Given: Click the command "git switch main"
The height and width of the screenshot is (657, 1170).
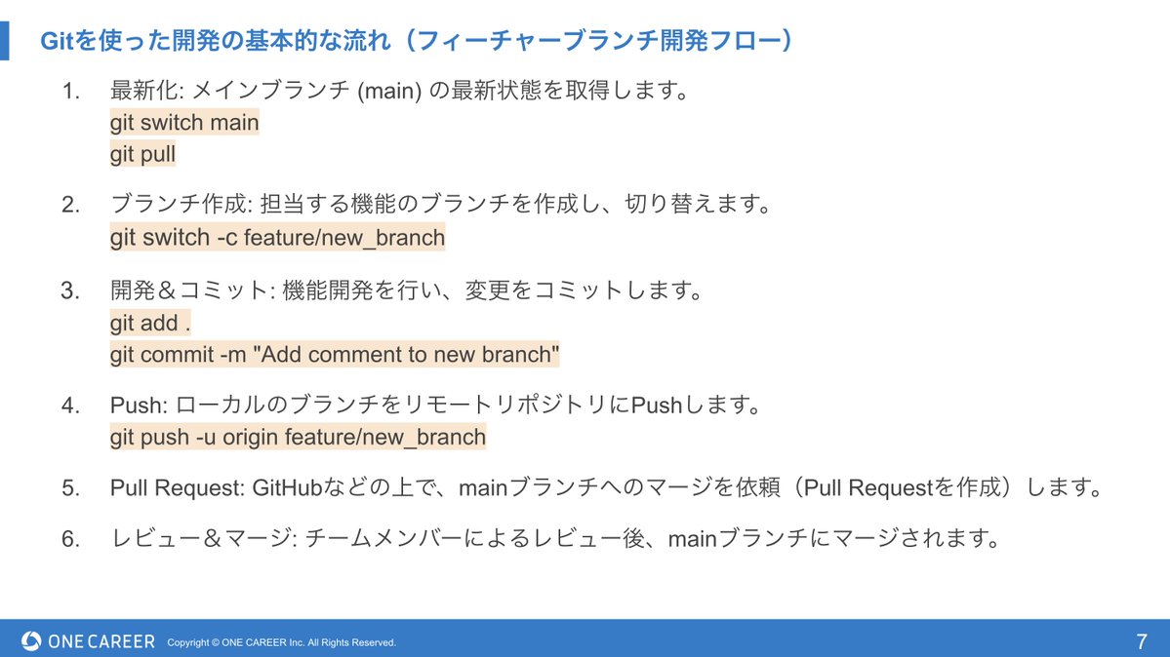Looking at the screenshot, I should pyautogui.click(x=184, y=123).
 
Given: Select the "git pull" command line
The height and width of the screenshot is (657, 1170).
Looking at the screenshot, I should pyautogui.click(x=142, y=154).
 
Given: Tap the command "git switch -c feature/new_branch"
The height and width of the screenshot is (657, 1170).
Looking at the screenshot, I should pyautogui.click(x=277, y=237).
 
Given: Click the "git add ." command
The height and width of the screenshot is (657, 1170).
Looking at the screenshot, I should pyautogui.click(x=150, y=323).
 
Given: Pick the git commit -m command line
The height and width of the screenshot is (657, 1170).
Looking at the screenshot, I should pyautogui.click(x=335, y=355).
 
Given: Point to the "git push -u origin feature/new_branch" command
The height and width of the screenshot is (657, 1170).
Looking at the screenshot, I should pyautogui.click(x=298, y=437).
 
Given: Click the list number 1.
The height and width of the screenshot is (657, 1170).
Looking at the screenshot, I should pyautogui.click(x=70, y=92).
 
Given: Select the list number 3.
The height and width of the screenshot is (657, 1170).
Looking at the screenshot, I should pyautogui.click(x=69, y=290).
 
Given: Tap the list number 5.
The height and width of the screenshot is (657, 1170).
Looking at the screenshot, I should pyautogui.click(x=70, y=488).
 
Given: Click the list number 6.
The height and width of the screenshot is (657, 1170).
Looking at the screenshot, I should pyautogui.click(x=70, y=538).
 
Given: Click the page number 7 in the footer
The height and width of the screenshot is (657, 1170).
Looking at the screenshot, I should pyautogui.click(x=1141, y=641).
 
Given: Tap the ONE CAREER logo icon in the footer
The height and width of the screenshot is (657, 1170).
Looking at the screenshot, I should pyautogui.click(x=31, y=641).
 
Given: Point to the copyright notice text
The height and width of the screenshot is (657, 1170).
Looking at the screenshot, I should pyautogui.click(x=282, y=642).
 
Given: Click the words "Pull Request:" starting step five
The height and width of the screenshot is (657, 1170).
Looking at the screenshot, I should pyautogui.click(x=178, y=487).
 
